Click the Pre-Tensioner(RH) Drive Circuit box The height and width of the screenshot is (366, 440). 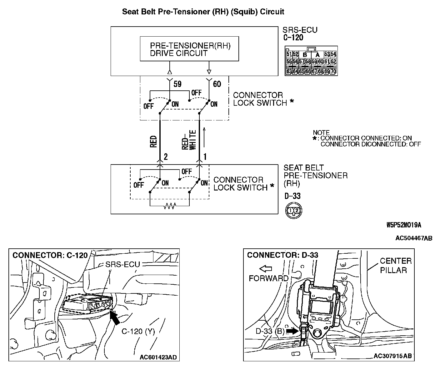[x=189, y=49]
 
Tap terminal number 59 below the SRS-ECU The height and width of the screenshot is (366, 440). [x=177, y=84]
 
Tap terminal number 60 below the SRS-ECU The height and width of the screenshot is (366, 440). [x=217, y=84]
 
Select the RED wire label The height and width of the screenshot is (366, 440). [x=153, y=141]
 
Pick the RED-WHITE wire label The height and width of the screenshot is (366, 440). [x=189, y=140]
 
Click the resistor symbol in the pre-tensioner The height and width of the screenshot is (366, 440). [x=170, y=206]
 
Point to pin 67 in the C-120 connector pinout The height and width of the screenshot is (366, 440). [x=315, y=71]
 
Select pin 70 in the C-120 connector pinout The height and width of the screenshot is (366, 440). [x=333, y=71]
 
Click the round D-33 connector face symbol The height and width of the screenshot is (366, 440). [x=293, y=211]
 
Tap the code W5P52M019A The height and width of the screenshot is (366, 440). [x=404, y=225]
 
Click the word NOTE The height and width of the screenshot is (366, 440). [x=321, y=133]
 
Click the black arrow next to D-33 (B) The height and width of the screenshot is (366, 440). [x=292, y=331]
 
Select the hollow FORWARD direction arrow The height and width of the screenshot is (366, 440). [x=266, y=268]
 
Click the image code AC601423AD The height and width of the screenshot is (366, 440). [x=158, y=357]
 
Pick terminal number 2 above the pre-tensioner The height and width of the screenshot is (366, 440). [x=166, y=156]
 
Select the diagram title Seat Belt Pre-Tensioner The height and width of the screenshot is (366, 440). [x=203, y=12]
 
